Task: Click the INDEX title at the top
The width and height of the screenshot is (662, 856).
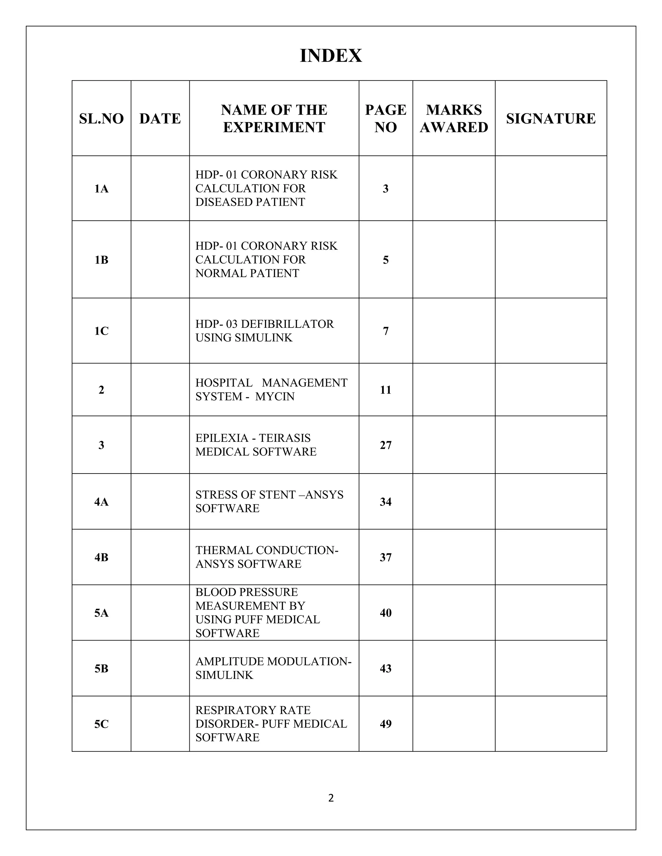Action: [331, 56]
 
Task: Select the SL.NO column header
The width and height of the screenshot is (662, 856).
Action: [101, 118]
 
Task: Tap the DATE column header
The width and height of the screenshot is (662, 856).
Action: [160, 118]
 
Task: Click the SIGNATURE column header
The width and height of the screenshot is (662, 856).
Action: [550, 118]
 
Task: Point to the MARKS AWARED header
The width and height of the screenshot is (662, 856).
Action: [454, 118]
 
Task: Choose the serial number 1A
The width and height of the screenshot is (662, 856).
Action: [101, 189]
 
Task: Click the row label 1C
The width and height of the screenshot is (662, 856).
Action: [101, 331]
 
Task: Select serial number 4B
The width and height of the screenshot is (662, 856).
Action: [101, 557]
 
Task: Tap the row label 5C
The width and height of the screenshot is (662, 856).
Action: [101, 724]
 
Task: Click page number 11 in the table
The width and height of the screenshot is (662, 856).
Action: [386, 390]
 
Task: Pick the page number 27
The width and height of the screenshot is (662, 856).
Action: [386, 445]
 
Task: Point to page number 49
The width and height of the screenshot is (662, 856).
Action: [386, 724]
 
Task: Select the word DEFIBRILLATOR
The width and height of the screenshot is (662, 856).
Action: [287, 324]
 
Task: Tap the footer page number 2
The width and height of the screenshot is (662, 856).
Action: [331, 798]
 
